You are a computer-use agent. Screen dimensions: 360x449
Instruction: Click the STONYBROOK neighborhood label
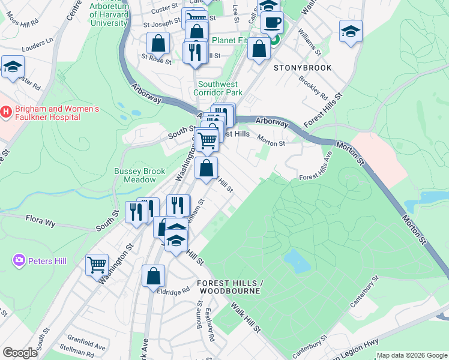coord(298,68)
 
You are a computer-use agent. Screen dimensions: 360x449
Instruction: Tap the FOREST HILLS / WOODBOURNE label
coord(229,287)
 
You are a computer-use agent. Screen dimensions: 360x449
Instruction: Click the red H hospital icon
coord(7,112)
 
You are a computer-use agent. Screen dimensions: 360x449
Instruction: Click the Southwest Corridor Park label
coord(218,89)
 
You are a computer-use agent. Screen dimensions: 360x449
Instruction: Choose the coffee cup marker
coord(272,23)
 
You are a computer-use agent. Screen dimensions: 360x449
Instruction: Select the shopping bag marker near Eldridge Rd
coord(153,276)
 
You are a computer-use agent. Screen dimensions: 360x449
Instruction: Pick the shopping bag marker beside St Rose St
coord(158,43)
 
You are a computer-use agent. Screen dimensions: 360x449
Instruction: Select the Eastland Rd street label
coord(209,322)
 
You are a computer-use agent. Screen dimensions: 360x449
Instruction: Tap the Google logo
coord(20,352)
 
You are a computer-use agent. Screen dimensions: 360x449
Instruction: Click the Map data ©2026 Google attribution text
coord(412,355)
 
